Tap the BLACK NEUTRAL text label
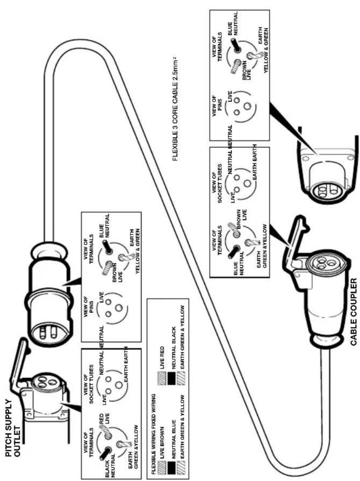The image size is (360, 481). click(x=110, y=466)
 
